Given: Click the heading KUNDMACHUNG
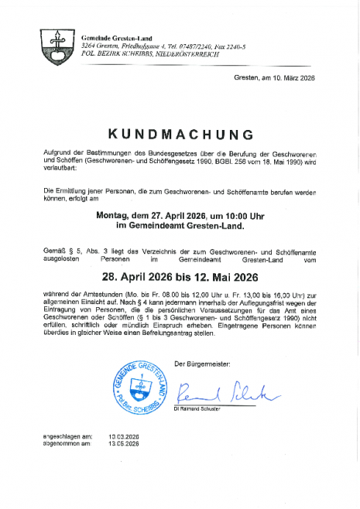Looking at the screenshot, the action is [180, 135].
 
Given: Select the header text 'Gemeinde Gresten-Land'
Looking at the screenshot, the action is [115, 38].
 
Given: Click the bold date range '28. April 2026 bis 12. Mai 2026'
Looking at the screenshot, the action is [180, 277].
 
